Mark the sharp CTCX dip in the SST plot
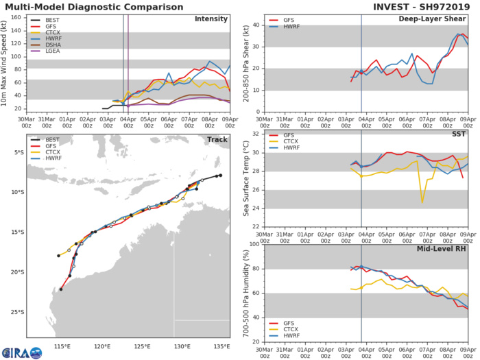[x=422, y=202]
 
